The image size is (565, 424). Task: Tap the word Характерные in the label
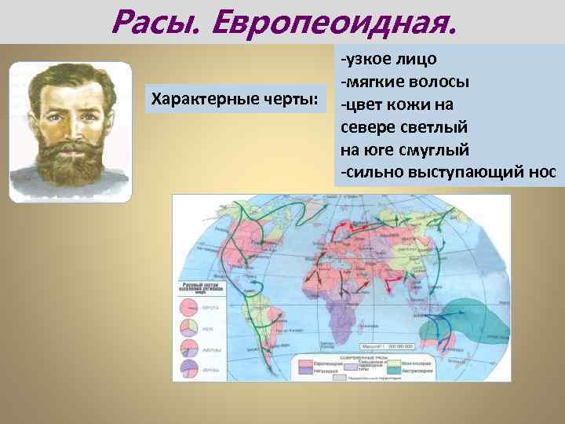tap(195, 101)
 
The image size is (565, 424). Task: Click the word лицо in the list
tap(413, 60)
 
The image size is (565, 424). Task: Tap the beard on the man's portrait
tap(71, 161)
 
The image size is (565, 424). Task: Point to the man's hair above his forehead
tap(71, 79)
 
